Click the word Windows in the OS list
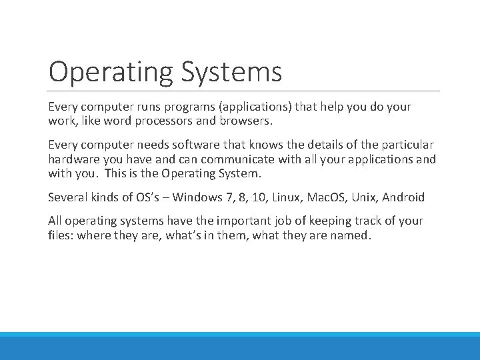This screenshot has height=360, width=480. point(196,197)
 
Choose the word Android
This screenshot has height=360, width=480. point(404,197)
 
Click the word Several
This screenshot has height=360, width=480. point(67,197)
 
